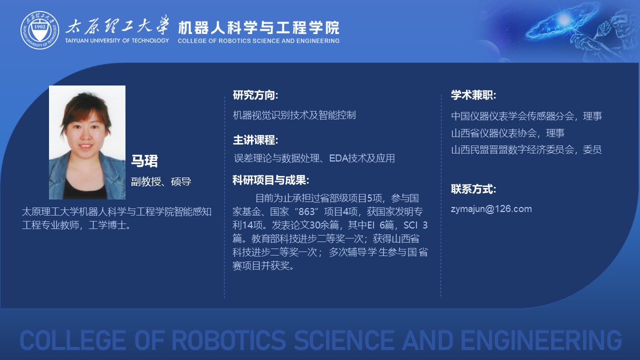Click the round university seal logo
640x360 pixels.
[40, 30]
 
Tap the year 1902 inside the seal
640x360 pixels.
[39, 26]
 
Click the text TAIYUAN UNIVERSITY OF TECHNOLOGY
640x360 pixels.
[117, 40]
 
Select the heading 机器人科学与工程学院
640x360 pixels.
[258, 27]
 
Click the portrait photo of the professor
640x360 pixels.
[87, 142]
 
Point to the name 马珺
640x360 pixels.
[144, 160]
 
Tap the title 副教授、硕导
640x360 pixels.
[161, 181]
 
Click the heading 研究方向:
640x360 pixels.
[255, 95]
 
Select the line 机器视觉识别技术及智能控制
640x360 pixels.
[294, 115]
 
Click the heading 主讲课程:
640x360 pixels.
[255, 140]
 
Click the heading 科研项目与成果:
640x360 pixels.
[270, 180]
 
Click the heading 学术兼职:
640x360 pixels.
[473, 95]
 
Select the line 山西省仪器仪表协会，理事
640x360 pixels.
[507, 133]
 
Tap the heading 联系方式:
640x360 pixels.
[473, 189]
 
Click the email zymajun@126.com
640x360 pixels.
[491, 209]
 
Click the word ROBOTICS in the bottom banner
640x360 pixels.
[229, 340]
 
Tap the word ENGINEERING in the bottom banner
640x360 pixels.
[541, 340]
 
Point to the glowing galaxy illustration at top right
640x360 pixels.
[561, 23]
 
